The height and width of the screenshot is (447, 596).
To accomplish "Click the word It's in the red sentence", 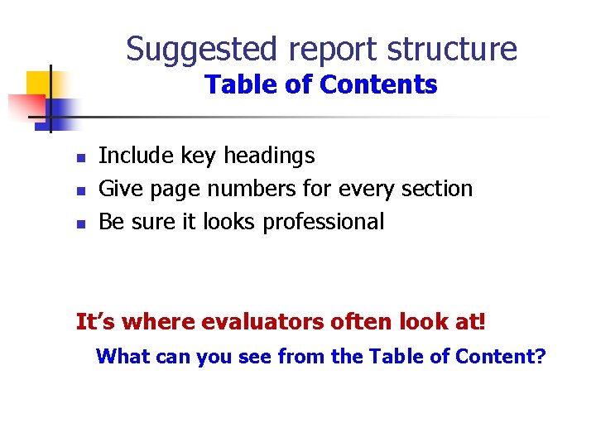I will tap(92, 321).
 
